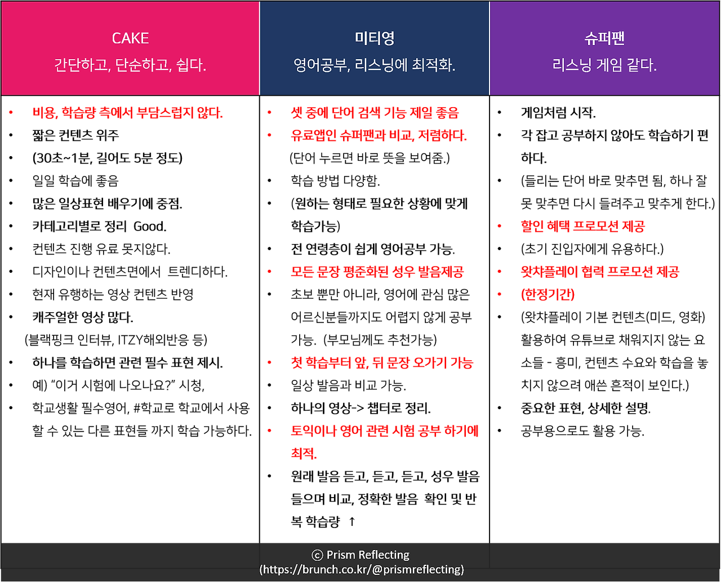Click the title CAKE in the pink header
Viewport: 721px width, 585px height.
(x=130, y=38)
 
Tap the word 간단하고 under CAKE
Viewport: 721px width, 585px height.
(x=81, y=65)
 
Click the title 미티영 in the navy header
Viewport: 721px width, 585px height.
(x=375, y=38)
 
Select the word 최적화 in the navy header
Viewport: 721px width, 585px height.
(x=433, y=65)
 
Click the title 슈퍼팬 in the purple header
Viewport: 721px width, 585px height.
(x=604, y=38)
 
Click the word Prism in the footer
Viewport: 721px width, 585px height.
(x=340, y=555)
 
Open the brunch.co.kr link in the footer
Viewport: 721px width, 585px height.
(x=362, y=570)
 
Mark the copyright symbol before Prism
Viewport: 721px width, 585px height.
(x=317, y=556)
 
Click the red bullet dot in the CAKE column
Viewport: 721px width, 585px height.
(x=11, y=113)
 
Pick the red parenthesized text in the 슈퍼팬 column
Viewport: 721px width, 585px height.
(x=548, y=295)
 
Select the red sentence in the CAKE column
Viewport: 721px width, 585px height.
(x=128, y=113)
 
